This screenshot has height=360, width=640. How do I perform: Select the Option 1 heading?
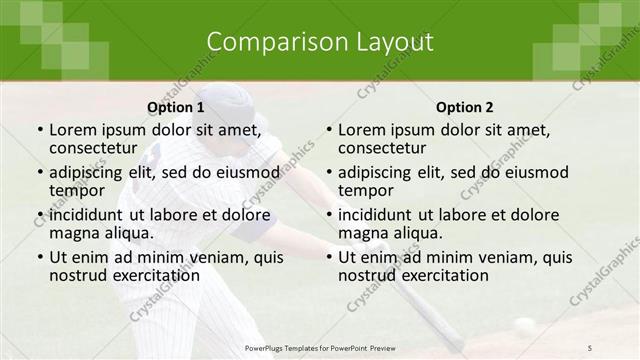175,107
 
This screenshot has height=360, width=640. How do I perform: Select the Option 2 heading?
465,107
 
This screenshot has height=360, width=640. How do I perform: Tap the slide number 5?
591,347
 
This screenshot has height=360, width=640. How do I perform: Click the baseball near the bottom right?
524,325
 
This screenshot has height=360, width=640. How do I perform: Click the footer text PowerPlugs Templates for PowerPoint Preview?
320,347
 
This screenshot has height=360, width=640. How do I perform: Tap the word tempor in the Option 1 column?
77,189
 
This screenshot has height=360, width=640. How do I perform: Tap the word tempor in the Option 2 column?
366,189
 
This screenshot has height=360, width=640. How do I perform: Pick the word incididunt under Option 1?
88,214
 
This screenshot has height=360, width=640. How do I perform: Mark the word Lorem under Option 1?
70,129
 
